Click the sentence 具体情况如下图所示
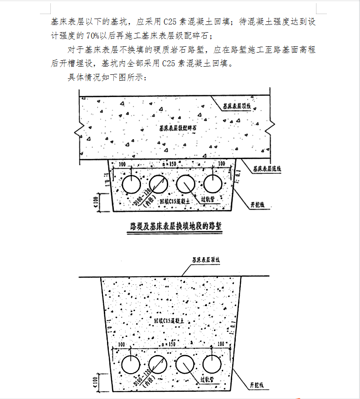tap(107, 78)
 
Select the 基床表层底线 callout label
tap(267, 169)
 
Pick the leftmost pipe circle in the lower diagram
tap(132, 364)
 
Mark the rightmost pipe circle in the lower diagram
tap(211, 364)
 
